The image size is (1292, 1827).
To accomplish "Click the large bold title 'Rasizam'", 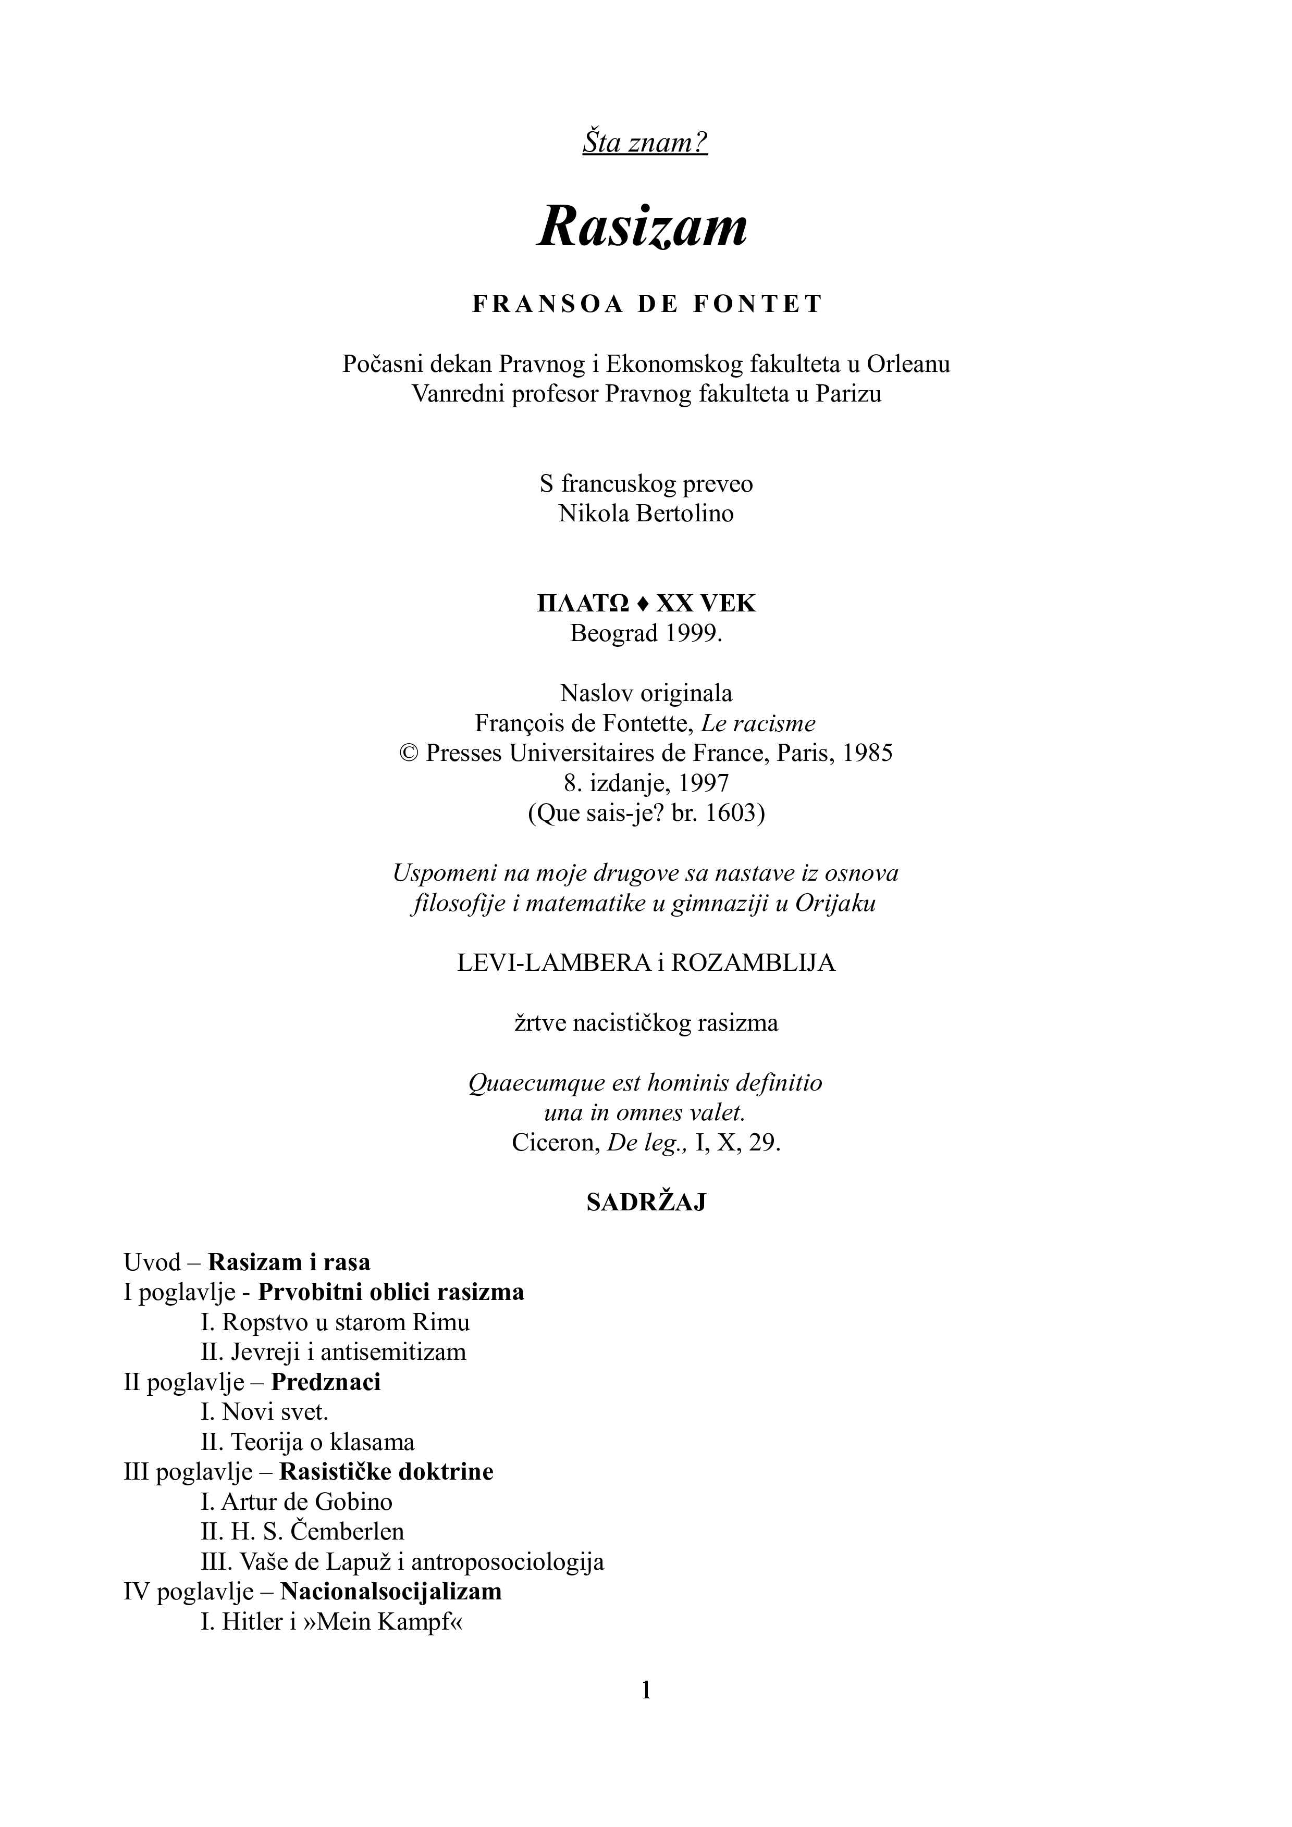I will (643, 227).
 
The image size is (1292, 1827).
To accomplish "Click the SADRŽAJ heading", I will (646, 1203).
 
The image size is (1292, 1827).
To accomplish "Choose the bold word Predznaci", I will (326, 1382).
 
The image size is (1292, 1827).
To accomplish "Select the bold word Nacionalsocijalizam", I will (391, 1592).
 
